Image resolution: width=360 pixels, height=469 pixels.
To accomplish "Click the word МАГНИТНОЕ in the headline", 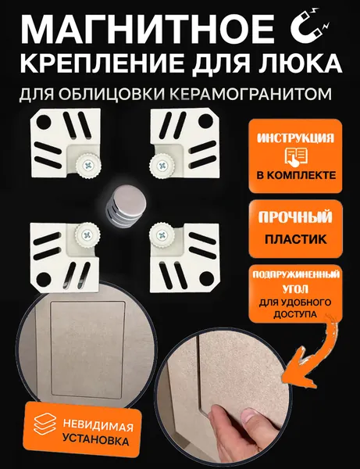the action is pos(147,30).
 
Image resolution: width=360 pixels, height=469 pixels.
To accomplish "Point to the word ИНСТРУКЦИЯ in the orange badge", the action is pos(295,138).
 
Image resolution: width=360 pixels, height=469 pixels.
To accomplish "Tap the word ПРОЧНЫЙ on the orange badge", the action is pos(295,217).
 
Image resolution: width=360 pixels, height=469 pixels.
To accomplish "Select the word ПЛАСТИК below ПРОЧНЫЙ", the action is pos(295,239).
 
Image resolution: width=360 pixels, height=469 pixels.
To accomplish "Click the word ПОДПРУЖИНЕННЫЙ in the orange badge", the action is pos(296,274).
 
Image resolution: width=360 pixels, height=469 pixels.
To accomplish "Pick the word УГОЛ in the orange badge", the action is pos(295,289).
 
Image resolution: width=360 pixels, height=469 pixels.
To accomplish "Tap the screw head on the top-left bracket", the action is pos(87,165).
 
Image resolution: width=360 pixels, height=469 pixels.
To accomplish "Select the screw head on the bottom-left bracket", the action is pos(87,235).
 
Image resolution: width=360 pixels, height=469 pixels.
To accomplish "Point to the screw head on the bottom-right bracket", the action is pos(162,234).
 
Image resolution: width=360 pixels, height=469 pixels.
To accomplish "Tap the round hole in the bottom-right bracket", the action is pos(206,279).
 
